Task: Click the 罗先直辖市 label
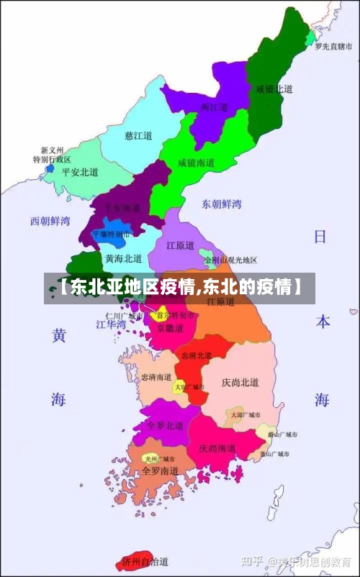(333, 46)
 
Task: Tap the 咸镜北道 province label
(274, 89)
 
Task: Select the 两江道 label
(214, 108)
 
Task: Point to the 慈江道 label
(138, 135)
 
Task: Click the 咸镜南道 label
(197, 163)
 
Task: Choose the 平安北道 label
(79, 172)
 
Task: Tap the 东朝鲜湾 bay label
(221, 204)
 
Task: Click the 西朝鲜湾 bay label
(50, 220)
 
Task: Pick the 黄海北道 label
(124, 258)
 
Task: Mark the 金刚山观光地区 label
(230, 260)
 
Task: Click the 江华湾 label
(111, 324)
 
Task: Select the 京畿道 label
(170, 328)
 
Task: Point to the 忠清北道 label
(196, 355)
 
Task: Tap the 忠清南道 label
(156, 377)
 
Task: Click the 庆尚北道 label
(240, 382)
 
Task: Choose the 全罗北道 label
(161, 425)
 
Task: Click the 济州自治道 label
(145, 560)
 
